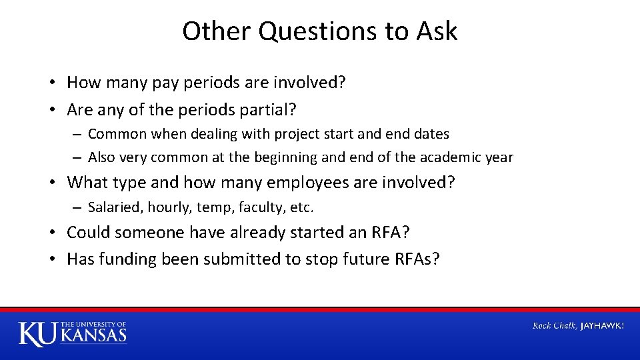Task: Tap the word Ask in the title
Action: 437,31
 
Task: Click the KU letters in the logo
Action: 38,333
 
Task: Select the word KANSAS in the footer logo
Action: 94,335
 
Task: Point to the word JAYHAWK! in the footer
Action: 603,325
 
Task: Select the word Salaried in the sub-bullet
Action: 113,207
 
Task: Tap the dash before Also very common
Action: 78,158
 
